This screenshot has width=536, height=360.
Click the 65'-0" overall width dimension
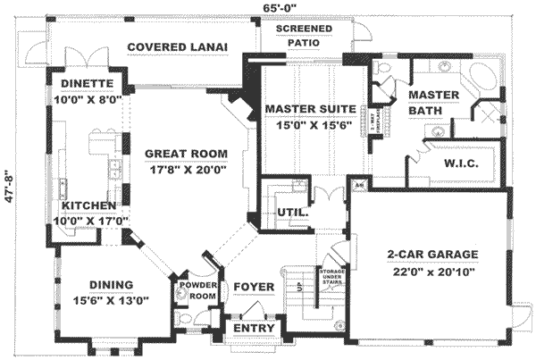[274, 7]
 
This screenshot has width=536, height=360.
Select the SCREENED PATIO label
[304, 35]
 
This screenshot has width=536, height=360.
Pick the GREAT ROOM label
[186, 153]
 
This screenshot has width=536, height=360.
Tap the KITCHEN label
[86, 205]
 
